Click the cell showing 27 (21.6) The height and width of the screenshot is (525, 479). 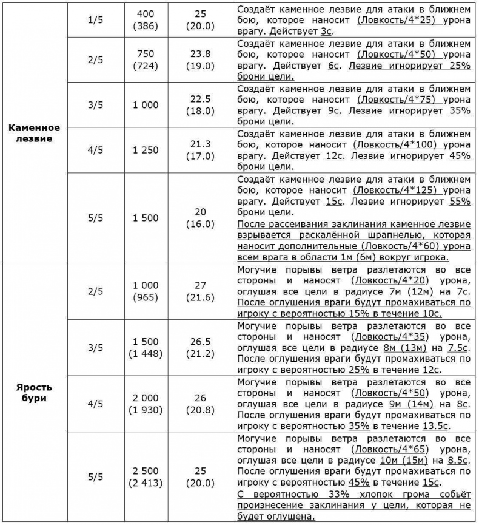199,291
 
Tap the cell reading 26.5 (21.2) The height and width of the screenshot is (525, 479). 199,348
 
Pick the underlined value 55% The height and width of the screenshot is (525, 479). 460,201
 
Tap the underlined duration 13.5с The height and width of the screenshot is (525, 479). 432,427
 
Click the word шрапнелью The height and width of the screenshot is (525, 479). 380,235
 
